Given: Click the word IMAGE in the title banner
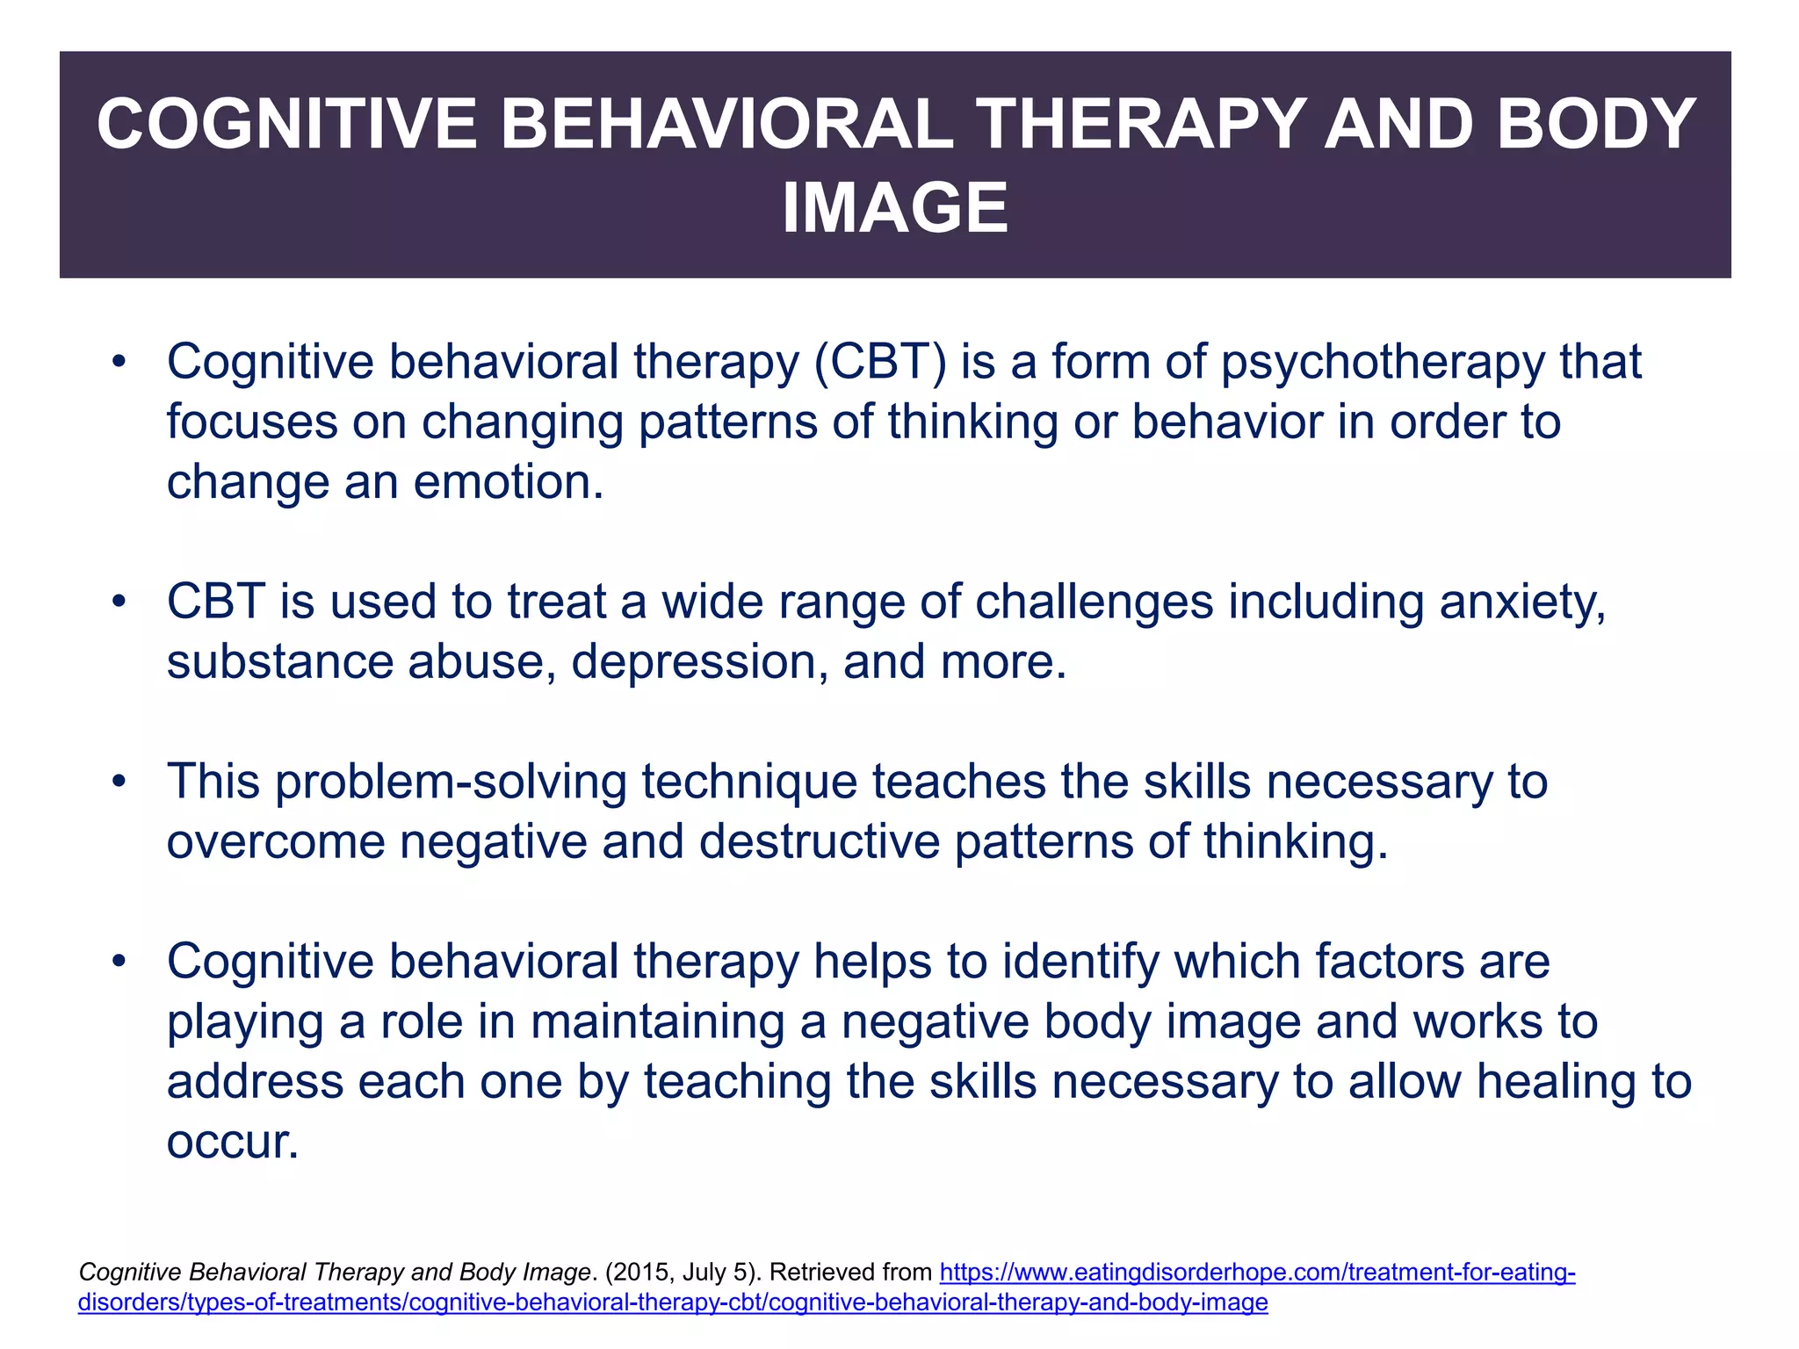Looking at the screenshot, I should pyautogui.click(x=895, y=208).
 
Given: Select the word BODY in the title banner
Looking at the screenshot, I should pyautogui.click(x=1596, y=125).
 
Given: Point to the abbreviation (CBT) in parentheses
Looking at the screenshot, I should pyautogui.click(x=880, y=362).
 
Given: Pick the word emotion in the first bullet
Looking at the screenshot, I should pyautogui.click(x=508, y=482).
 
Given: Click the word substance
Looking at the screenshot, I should pyautogui.click(x=279, y=661).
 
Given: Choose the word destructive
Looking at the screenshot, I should pyautogui.click(x=820, y=841).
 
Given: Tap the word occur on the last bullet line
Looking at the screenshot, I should pyautogui.click(x=232, y=1142).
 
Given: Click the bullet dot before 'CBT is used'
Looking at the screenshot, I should pyautogui.click(x=119, y=602).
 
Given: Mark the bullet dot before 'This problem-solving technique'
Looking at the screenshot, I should pyautogui.click(x=119, y=782).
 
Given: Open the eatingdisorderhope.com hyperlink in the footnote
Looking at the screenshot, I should pyautogui.click(x=1257, y=1272).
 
